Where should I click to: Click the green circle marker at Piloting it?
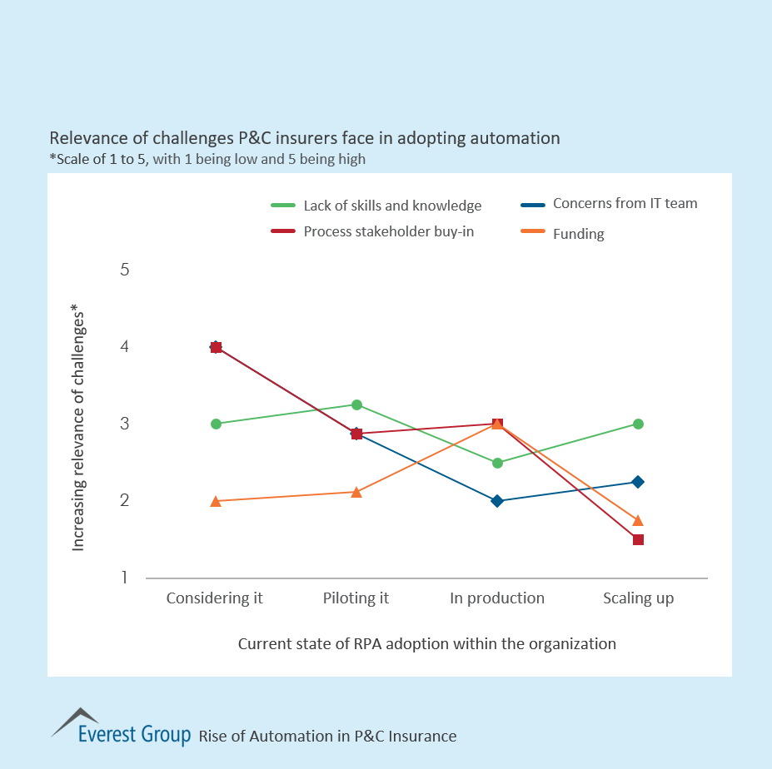tap(356, 405)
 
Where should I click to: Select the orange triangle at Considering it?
tap(216, 501)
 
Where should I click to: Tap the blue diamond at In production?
tap(497, 501)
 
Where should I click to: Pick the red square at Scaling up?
tap(638, 539)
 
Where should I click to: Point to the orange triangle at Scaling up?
tap(638, 521)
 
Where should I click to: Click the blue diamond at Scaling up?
tap(638, 482)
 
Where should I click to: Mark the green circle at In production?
tap(497, 463)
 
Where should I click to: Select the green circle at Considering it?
tap(216, 424)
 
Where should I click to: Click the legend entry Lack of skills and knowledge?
tap(391, 206)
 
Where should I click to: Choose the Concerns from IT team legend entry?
tap(625, 203)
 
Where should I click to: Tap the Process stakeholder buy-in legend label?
tap(388, 231)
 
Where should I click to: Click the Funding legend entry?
tap(578, 234)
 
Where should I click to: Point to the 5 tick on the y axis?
tap(125, 270)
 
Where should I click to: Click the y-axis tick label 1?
tap(125, 578)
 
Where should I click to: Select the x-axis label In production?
tap(497, 598)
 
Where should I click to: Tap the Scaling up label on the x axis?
tap(638, 598)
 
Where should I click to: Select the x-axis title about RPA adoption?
tap(426, 643)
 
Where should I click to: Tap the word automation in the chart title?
tap(517, 137)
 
